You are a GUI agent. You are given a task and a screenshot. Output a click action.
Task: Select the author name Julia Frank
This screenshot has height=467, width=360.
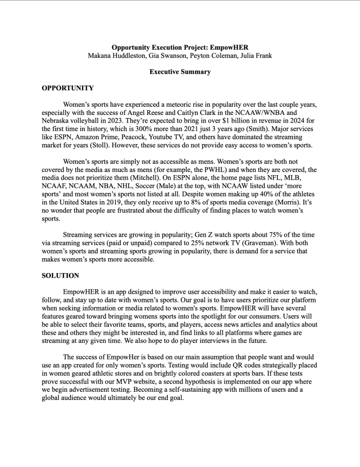coord(255,56)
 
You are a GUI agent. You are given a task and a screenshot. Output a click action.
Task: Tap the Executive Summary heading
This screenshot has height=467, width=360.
coord(180,72)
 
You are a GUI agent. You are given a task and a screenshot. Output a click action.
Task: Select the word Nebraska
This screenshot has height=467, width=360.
coord(57,121)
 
